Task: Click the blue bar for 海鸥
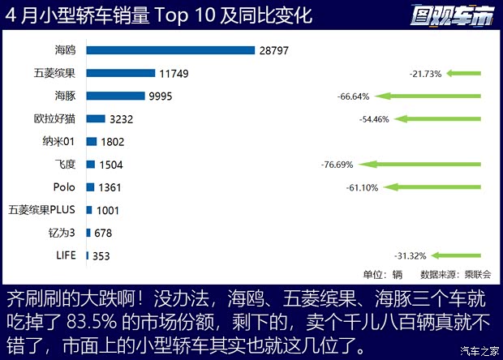tap(171, 50)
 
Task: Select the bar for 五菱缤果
tap(120, 73)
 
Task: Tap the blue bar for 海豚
tap(117, 96)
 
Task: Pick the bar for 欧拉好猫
tap(96, 118)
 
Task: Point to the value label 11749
tap(174, 74)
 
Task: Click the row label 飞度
tap(64, 164)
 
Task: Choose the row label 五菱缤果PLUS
tap(41, 209)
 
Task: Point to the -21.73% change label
tap(426, 74)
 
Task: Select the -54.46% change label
tap(375, 119)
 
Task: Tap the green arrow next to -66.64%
tap(431, 96)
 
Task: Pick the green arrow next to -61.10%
tap(433, 187)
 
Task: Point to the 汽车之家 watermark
tap(479, 351)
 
